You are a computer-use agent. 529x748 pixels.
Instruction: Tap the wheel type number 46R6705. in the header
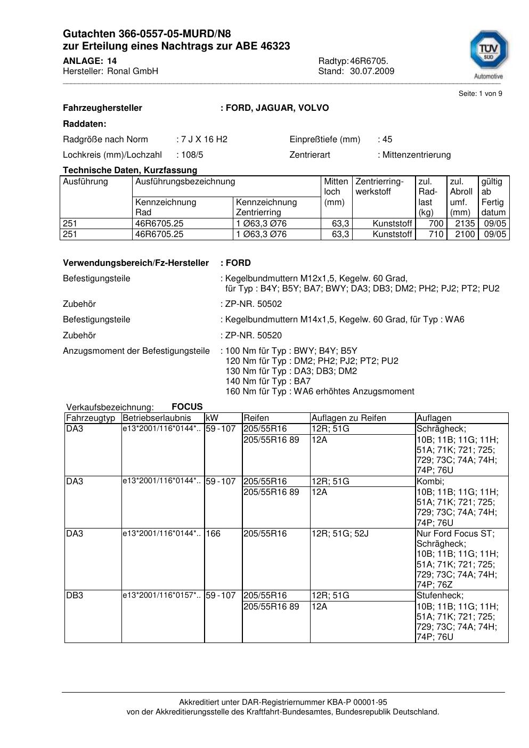pyautogui.click(x=369, y=61)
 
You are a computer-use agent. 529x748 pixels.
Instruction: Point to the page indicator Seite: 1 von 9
pyautogui.click(x=480, y=94)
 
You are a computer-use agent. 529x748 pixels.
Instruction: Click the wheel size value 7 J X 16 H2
pyautogui.click(x=204, y=140)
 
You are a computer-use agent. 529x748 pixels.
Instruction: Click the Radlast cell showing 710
pyautogui.click(x=436, y=234)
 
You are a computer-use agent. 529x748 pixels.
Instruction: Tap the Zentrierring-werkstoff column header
pyautogui.click(x=379, y=186)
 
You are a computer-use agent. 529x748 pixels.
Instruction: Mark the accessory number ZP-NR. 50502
pyautogui.click(x=254, y=304)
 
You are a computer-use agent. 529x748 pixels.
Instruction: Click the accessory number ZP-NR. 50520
pyautogui.click(x=254, y=336)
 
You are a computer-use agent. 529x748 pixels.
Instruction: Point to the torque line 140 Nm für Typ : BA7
pyautogui.click(x=268, y=381)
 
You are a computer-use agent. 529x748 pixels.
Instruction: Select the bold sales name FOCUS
pyautogui.click(x=187, y=407)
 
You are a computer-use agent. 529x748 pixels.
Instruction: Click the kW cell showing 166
pyautogui.click(x=213, y=534)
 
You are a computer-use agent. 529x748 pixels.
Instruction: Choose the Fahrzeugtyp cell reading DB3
pyautogui.click(x=75, y=596)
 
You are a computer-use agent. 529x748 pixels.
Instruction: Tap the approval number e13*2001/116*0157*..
pyautogui.click(x=161, y=596)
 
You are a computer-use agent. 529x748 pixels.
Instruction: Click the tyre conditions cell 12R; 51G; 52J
pyautogui.click(x=340, y=534)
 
